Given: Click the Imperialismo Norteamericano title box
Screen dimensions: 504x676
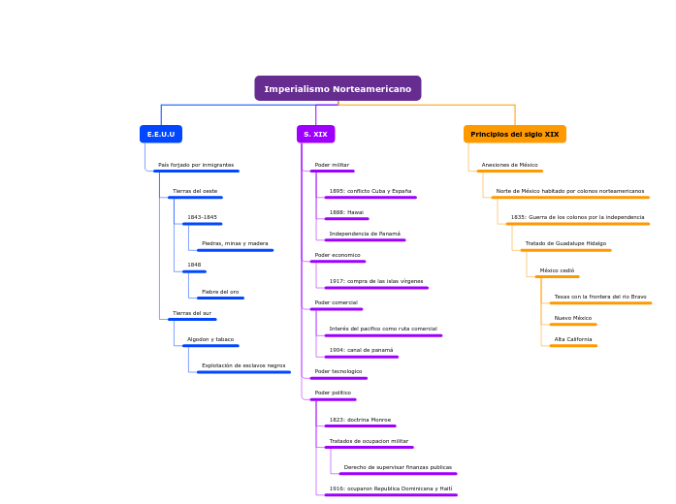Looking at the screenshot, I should click(x=338, y=88).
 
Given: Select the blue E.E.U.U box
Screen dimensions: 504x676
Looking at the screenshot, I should click(x=161, y=134).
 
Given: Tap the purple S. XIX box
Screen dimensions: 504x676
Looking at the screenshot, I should click(x=315, y=134).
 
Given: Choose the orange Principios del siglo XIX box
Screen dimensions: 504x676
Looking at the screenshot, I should click(x=514, y=134).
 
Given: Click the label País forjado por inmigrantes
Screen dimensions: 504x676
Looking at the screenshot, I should click(x=196, y=165).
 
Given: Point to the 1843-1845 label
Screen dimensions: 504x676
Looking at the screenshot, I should click(x=202, y=217).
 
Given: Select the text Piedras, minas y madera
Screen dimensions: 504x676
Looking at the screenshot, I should click(x=235, y=243).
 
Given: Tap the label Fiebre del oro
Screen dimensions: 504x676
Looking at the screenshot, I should click(x=220, y=292).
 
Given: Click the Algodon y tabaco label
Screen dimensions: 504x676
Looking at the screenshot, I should click(x=210, y=339).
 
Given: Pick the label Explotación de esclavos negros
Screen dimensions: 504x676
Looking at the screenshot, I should click(x=243, y=365).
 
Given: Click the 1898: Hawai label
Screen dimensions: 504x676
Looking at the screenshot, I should click(x=346, y=212).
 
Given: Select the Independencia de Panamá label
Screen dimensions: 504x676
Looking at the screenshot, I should click(x=365, y=234).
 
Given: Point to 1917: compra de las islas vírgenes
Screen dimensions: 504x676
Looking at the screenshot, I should click(x=376, y=281).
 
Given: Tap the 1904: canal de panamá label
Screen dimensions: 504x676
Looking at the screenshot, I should click(x=361, y=350).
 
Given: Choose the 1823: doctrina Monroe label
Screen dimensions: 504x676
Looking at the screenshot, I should click(x=360, y=420).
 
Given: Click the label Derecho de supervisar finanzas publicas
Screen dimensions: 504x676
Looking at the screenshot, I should click(x=398, y=467).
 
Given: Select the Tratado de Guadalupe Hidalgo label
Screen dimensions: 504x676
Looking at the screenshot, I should click(x=565, y=243).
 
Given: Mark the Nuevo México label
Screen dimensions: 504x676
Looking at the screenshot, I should click(x=573, y=318).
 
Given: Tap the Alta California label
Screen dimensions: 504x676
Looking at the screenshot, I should click(x=573, y=339).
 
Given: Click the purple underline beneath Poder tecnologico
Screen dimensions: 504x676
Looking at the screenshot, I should click(x=338, y=378).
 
